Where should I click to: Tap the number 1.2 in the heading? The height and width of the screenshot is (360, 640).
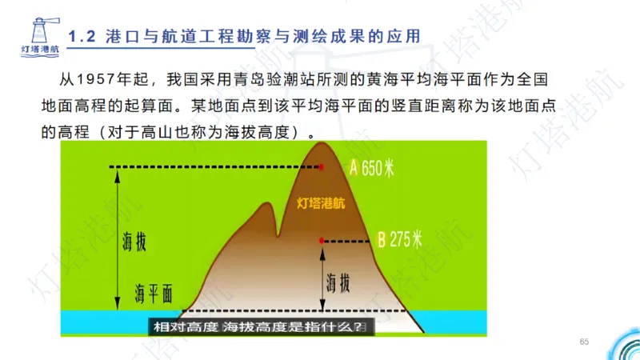pos(82,36)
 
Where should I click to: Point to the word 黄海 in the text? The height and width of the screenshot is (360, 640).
pos(382,81)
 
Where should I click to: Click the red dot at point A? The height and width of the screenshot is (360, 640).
pos(322,167)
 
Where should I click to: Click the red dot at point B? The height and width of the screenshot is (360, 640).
pos(322,240)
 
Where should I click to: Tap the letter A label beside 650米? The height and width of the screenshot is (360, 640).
pos(354,168)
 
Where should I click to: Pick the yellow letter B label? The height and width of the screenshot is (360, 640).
pos(382,240)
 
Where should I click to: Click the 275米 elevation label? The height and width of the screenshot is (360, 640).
pos(407,240)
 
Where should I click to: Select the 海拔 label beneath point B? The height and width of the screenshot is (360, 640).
pos(338,281)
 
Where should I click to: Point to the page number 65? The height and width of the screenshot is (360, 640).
pos(584,342)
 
